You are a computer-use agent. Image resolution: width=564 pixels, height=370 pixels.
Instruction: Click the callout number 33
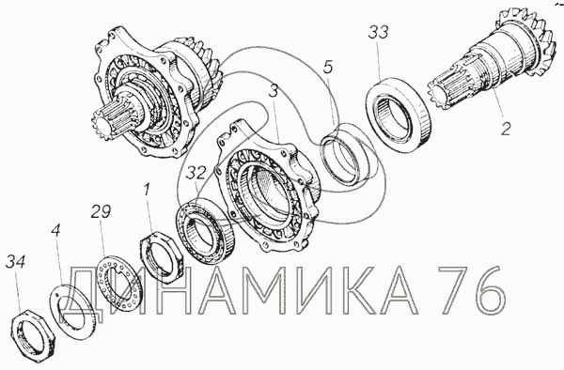(379, 32)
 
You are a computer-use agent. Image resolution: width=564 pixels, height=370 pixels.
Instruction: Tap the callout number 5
(328, 67)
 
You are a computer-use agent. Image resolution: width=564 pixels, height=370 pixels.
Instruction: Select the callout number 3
(274, 92)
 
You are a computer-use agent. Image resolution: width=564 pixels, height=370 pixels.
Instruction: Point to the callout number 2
(506, 129)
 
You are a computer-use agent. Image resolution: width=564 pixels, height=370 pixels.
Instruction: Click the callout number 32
(196, 173)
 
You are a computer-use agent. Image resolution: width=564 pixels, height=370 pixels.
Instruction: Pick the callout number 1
(147, 190)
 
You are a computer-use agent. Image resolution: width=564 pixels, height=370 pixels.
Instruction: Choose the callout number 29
(101, 211)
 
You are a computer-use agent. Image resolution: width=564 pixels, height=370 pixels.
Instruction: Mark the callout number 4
(55, 231)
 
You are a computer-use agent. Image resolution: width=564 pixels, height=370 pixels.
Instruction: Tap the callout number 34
(15, 261)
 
